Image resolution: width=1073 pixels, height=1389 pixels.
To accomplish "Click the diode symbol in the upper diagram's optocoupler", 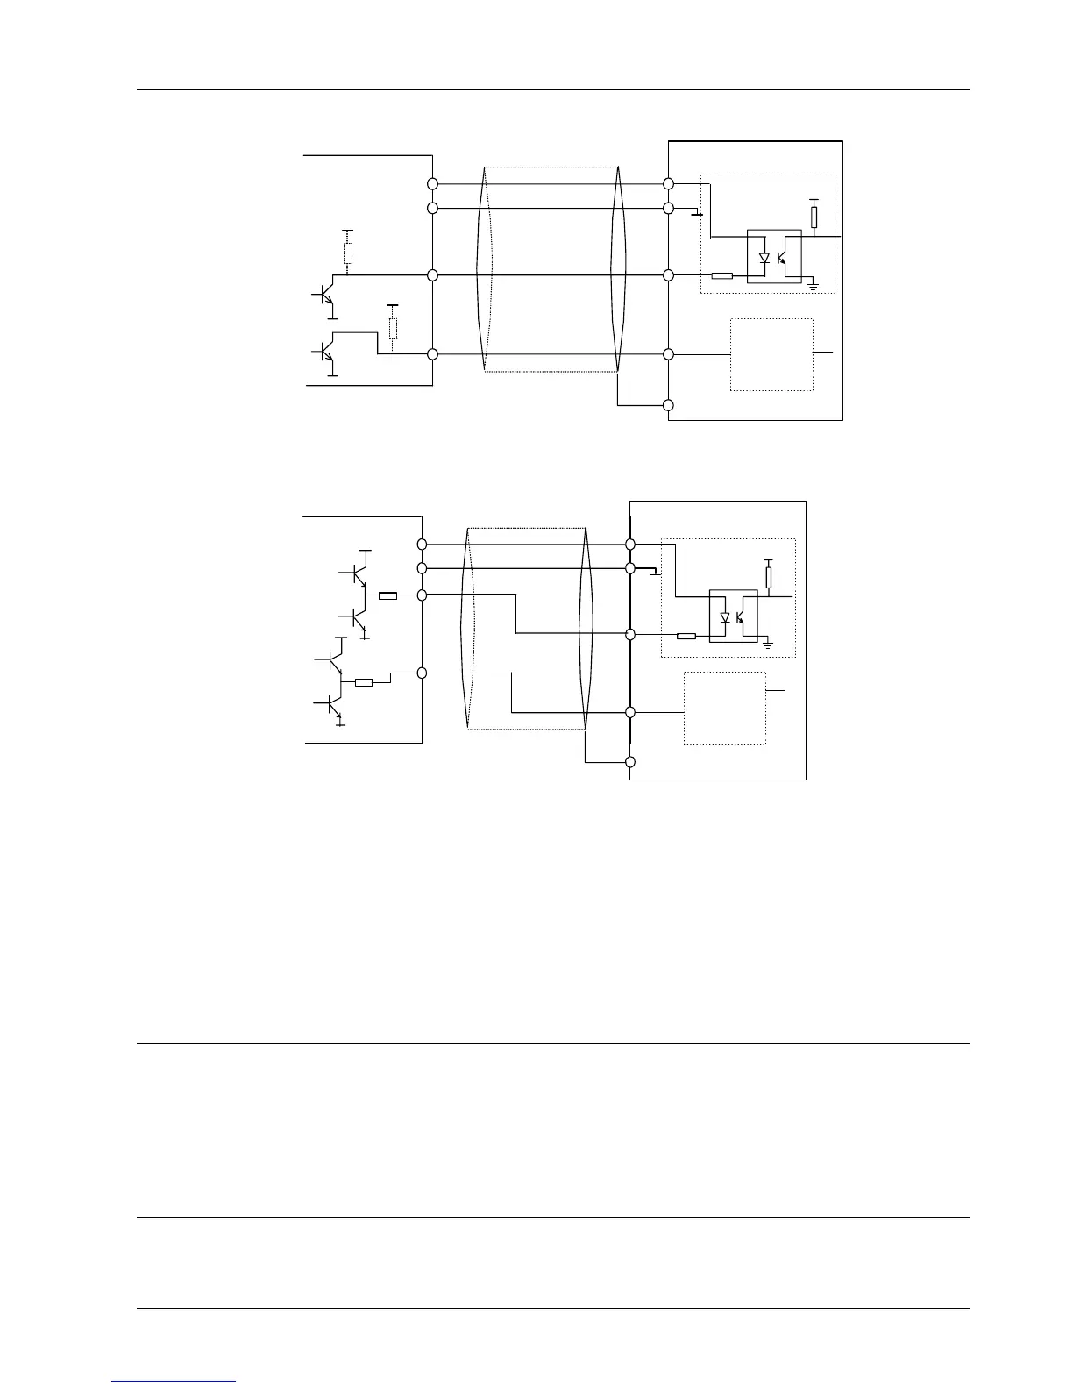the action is [764, 259].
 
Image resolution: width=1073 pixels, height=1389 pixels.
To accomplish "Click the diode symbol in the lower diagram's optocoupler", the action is [725, 617].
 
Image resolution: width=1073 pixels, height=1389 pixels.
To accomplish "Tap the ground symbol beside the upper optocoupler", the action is [813, 285].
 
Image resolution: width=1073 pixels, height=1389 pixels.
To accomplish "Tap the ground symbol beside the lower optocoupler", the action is [768, 645].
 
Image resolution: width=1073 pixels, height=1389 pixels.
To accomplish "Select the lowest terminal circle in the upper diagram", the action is [668, 405].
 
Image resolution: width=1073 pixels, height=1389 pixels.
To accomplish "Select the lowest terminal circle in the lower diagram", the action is [630, 762].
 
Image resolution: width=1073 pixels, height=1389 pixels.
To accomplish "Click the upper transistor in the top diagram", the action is [326, 296].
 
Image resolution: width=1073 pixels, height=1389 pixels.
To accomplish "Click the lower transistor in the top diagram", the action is [326, 352].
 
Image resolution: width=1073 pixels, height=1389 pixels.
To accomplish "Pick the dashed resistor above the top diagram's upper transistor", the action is [348, 253].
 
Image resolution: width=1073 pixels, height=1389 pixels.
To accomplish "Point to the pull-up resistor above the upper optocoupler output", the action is [814, 217].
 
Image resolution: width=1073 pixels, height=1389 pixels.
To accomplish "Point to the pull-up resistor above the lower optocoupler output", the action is [769, 576].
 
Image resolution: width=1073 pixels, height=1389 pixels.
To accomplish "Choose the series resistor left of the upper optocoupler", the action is [721, 275].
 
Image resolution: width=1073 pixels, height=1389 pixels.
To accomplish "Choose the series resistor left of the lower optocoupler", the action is [686, 636].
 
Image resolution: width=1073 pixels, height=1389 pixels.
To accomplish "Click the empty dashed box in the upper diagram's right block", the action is [771, 354].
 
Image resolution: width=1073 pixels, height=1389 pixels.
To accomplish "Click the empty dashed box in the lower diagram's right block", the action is [725, 709].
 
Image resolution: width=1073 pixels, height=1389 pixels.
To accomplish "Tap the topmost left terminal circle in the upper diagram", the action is [432, 184].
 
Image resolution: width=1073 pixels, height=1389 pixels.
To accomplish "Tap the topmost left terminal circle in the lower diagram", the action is [422, 544].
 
